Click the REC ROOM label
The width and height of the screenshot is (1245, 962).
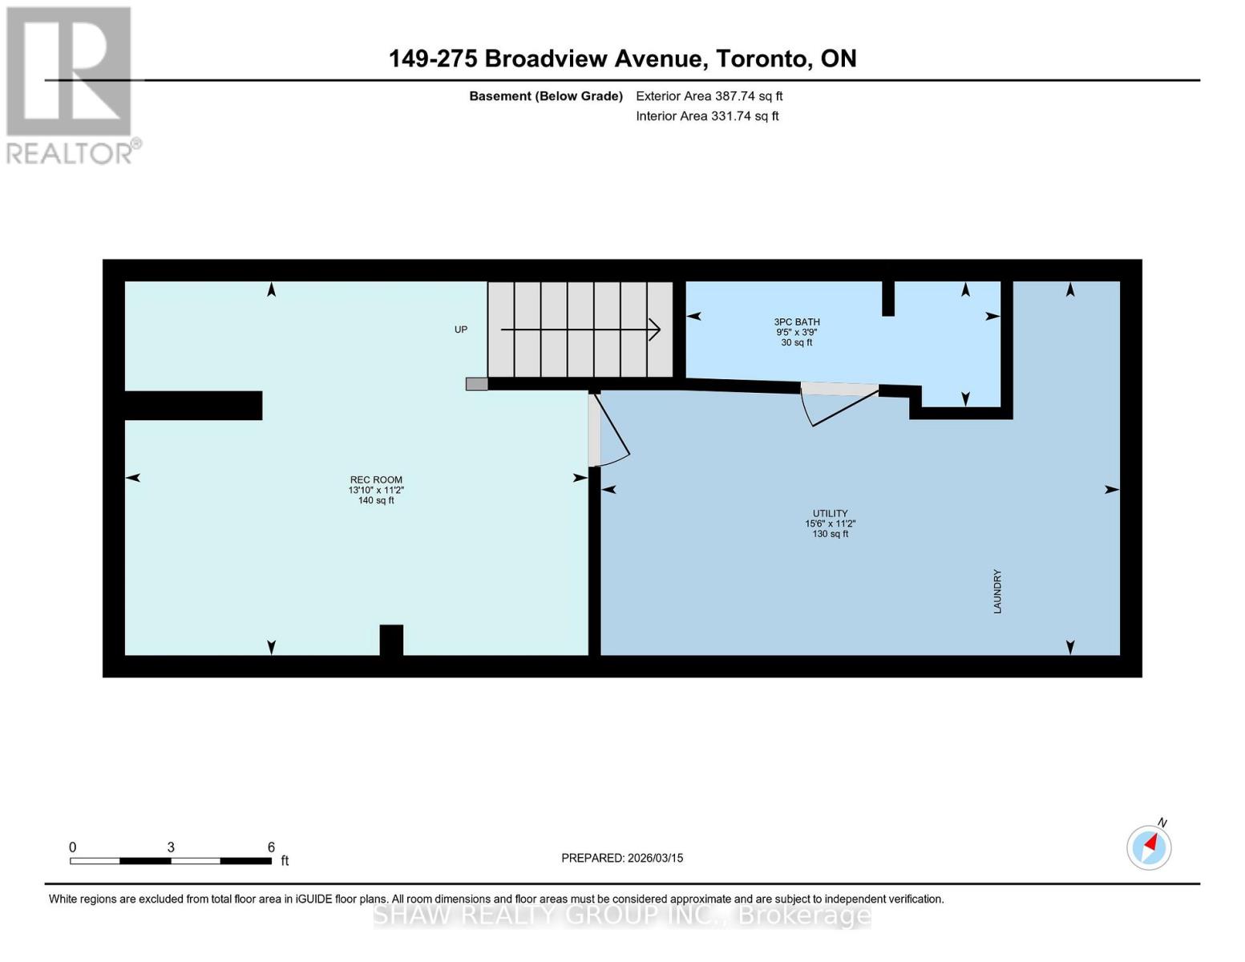coord(375,479)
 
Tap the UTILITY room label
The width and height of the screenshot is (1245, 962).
coord(830,513)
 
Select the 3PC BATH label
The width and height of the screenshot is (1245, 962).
coord(797,322)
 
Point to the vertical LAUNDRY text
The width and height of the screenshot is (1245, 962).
coord(997,592)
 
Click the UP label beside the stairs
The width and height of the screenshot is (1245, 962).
coord(461,329)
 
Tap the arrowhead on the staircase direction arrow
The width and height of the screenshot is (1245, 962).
coord(655,329)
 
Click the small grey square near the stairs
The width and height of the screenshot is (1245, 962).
coord(476,384)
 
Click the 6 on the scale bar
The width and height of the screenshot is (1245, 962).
coord(271,847)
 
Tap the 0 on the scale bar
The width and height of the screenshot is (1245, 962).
coord(73,847)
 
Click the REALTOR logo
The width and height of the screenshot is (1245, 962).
coord(70,84)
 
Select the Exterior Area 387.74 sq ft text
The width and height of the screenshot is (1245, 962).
coord(709,96)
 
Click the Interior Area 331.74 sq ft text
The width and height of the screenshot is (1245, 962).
coord(707,116)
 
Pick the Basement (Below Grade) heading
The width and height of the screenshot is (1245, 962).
coord(545,96)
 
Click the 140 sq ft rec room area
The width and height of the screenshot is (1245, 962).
coord(375,500)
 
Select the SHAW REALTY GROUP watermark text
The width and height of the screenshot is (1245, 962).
coord(622,915)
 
